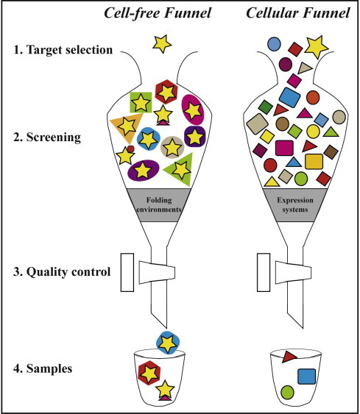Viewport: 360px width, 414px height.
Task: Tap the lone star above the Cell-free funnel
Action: [x=160, y=45]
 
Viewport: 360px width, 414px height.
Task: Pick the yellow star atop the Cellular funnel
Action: [x=317, y=47]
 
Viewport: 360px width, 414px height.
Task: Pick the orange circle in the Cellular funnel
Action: [x=312, y=97]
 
